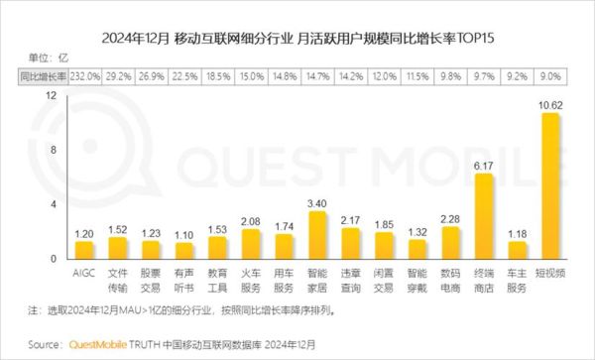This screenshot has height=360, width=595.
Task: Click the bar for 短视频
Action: (551, 185)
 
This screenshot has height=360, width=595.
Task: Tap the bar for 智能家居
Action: (317, 234)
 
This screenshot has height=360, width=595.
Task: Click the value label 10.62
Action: (551, 104)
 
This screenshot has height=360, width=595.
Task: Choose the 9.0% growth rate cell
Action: (551, 75)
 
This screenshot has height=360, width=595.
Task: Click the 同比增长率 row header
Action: (43, 75)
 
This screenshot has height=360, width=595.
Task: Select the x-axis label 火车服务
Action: (251, 277)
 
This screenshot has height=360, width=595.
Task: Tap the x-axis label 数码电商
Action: (450, 277)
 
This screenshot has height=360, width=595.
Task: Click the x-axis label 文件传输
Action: (117, 277)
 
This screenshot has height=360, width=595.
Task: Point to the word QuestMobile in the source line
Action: (94, 345)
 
